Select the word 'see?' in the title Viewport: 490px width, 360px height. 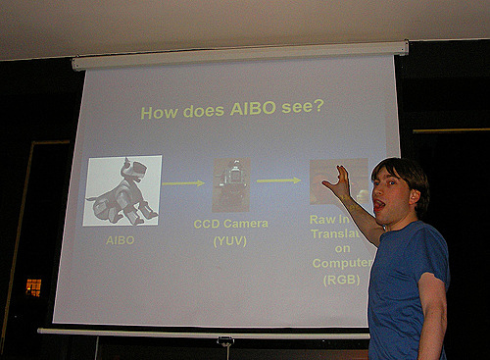304,106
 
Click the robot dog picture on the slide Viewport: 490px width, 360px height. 122,190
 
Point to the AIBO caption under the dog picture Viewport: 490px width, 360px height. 121,238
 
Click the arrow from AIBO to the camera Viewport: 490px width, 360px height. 183,182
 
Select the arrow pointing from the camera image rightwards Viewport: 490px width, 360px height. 278,180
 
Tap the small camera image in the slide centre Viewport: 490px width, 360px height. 231,183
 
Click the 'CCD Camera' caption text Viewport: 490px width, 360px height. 231,224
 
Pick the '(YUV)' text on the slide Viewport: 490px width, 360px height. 230,240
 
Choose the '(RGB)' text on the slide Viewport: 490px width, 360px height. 343,280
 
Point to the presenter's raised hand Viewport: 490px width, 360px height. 339,182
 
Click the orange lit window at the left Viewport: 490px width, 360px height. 33,286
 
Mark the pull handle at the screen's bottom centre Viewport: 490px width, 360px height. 225,340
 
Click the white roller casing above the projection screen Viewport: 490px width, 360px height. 239,55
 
